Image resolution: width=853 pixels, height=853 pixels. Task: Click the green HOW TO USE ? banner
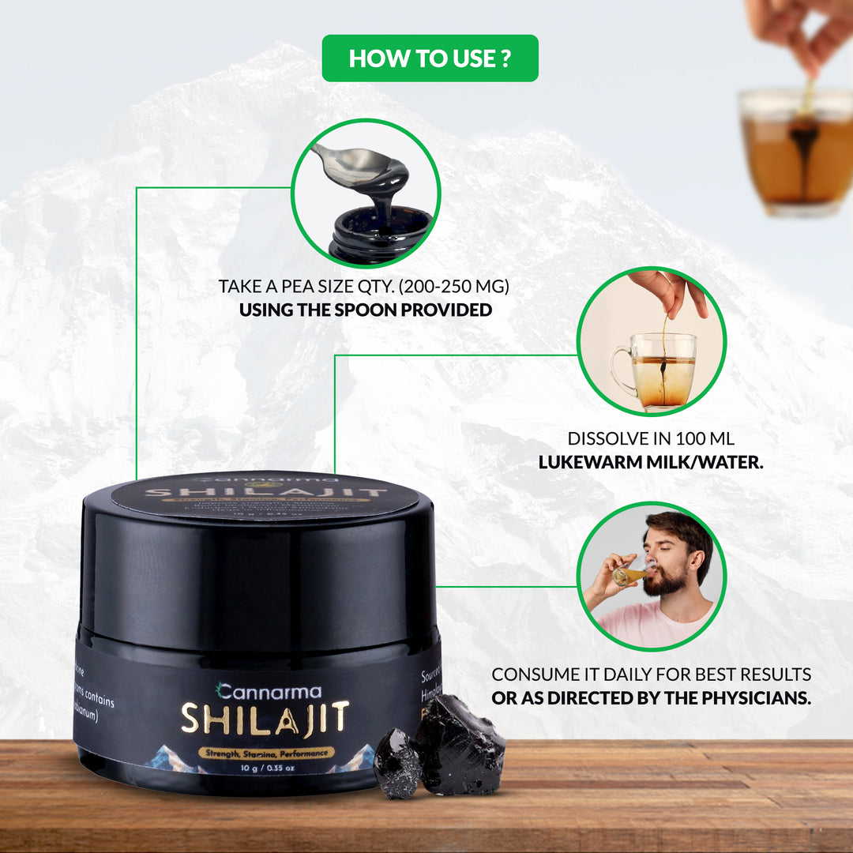click(x=430, y=58)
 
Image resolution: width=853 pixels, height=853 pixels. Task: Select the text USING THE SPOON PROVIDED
click(x=365, y=310)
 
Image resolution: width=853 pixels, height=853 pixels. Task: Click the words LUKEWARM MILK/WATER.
click(x=651, y=462)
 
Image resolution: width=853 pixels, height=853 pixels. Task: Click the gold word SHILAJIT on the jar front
click(x=265, y=718)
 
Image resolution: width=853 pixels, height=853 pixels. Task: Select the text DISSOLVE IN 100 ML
click(x=651, y=438)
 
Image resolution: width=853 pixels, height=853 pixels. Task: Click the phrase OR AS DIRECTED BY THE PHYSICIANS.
click(x=651, y=699)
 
